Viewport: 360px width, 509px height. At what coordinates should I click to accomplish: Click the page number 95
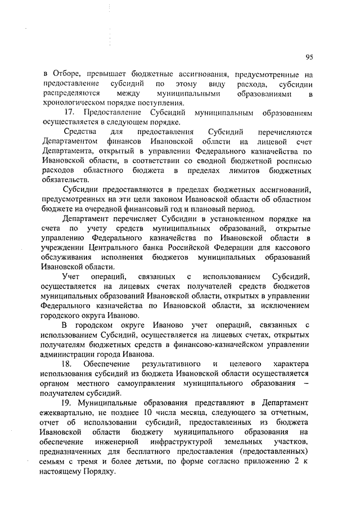click(310, 57)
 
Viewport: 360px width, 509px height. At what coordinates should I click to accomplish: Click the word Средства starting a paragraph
click(78, 132)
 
